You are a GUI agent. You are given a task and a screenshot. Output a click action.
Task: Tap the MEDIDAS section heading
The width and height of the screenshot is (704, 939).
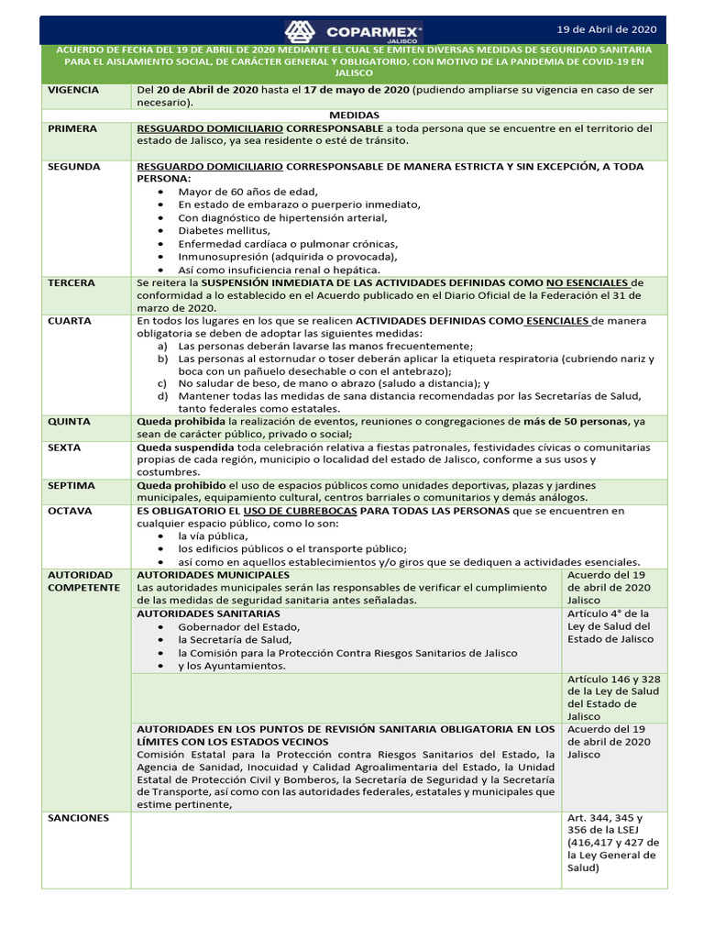point(354,115)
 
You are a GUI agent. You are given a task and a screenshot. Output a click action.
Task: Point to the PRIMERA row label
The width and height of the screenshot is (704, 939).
point(72,128)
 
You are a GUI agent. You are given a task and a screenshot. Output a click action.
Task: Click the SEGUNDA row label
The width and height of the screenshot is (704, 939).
point(74,167)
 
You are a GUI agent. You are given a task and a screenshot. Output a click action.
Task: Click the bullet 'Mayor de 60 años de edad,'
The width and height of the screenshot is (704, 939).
point(247,193)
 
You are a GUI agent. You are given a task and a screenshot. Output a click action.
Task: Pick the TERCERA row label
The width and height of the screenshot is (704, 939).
point(71,283)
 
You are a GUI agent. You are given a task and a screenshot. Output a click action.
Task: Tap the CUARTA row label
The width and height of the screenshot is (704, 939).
point(70,322)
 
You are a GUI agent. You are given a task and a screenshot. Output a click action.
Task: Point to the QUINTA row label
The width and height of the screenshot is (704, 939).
point(70,422)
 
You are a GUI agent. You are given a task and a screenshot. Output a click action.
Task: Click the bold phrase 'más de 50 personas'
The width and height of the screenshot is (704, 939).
point(576,422)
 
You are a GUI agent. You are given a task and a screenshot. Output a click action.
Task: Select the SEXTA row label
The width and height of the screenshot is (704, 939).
point(65,447)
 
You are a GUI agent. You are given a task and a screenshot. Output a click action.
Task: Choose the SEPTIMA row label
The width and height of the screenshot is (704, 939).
point(71,485)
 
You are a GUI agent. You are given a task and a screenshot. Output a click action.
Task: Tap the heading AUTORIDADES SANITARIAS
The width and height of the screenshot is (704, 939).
point(208,613)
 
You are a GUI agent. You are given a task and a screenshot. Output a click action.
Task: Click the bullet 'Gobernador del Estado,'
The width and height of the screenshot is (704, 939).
point(238,627)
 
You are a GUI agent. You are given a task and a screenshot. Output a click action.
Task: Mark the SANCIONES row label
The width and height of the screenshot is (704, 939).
point(79,818)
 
